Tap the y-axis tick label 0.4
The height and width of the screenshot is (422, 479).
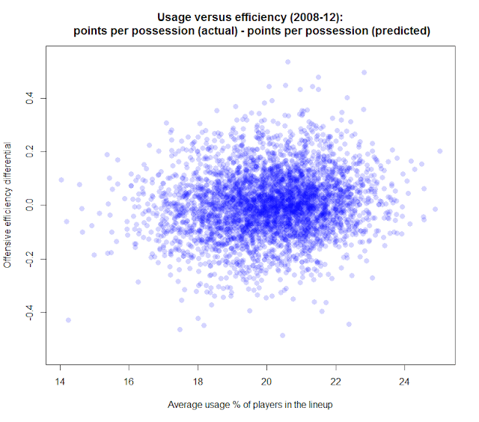click(x=31, y=98)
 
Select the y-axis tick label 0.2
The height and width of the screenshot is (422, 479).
click(x=31, y=151)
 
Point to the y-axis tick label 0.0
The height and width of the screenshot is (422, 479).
click(x=31, y=205)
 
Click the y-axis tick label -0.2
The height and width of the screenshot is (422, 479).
click(x=31, y=257)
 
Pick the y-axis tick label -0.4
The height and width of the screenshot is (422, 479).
click(x=31, y=311)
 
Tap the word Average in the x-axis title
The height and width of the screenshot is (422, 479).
click(x=185, y=406)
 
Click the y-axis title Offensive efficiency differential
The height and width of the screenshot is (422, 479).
click(x=10, y=204)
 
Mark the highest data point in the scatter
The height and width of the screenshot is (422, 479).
click(x=288, y=62)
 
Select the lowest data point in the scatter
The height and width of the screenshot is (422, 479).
click(x=282, y=335)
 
